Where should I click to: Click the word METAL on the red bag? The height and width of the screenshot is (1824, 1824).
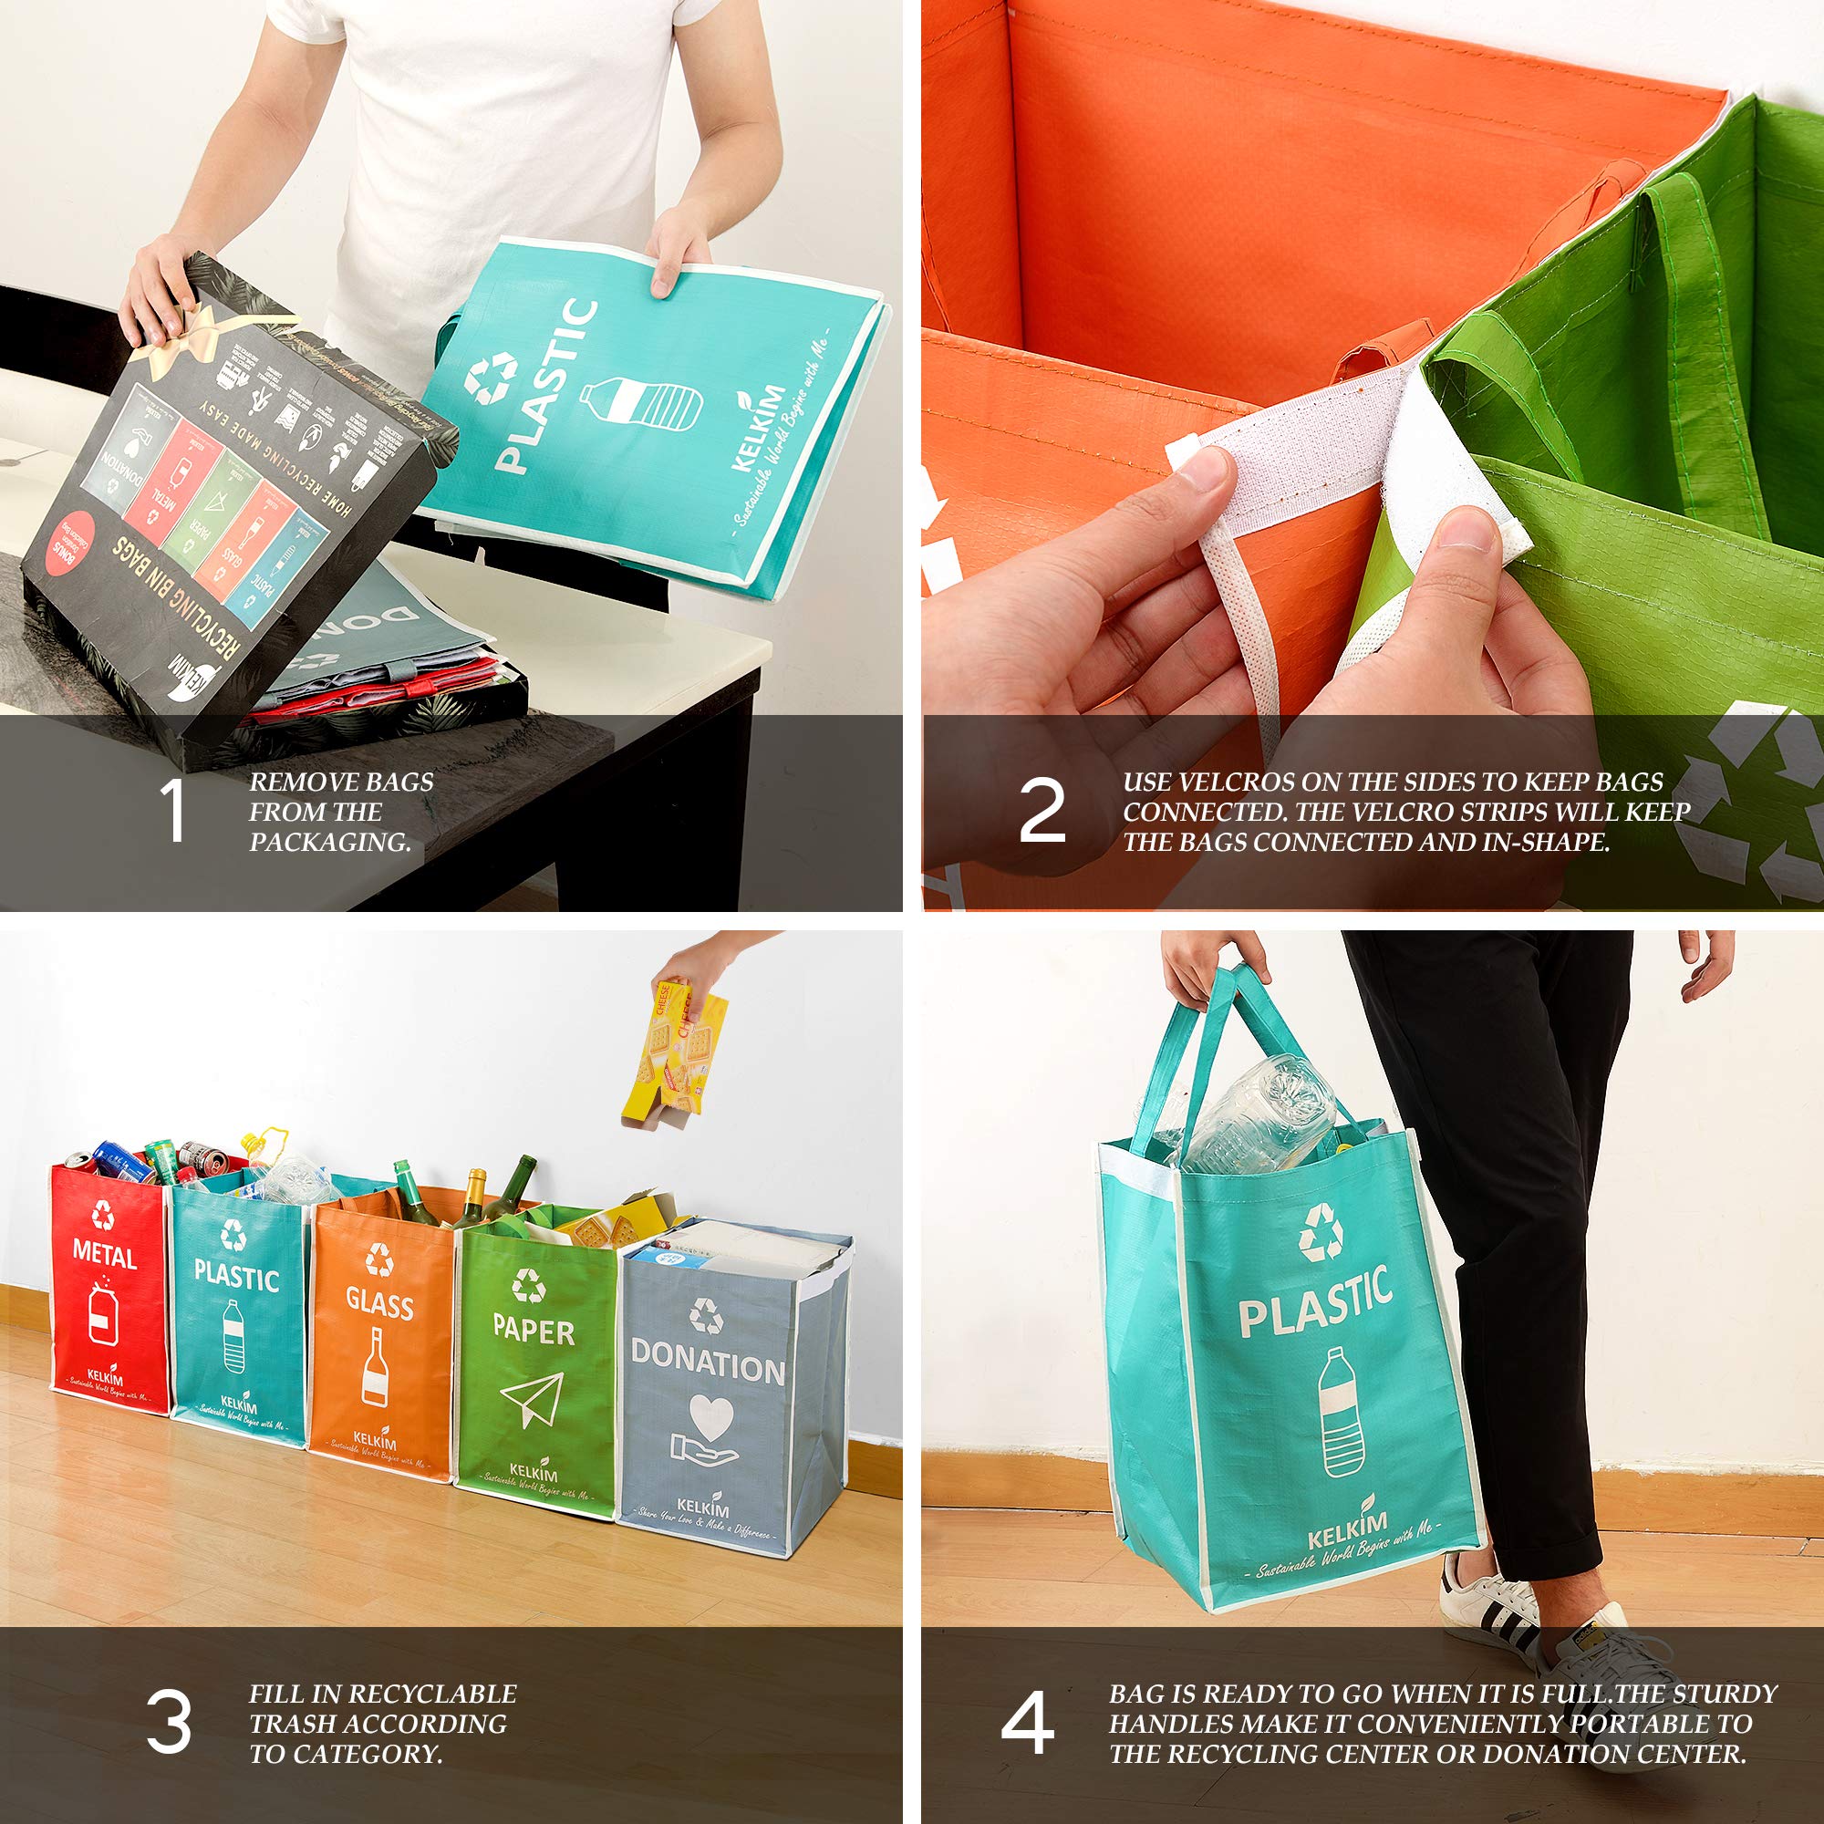(x=105, y=1257)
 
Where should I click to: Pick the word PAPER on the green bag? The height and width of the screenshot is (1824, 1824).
(x=533, y=1332)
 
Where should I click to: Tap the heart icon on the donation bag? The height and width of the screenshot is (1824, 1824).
(x=710, y=1417)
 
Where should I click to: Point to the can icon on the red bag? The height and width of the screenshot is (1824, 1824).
(x=102, y=1311)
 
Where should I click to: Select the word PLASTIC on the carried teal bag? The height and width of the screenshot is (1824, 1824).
(x=1315, y=1304)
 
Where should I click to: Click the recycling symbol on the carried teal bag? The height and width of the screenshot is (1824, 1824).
(x=1320, y=1232)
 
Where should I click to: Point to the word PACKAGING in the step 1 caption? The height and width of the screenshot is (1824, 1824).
(x=329, y=842)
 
